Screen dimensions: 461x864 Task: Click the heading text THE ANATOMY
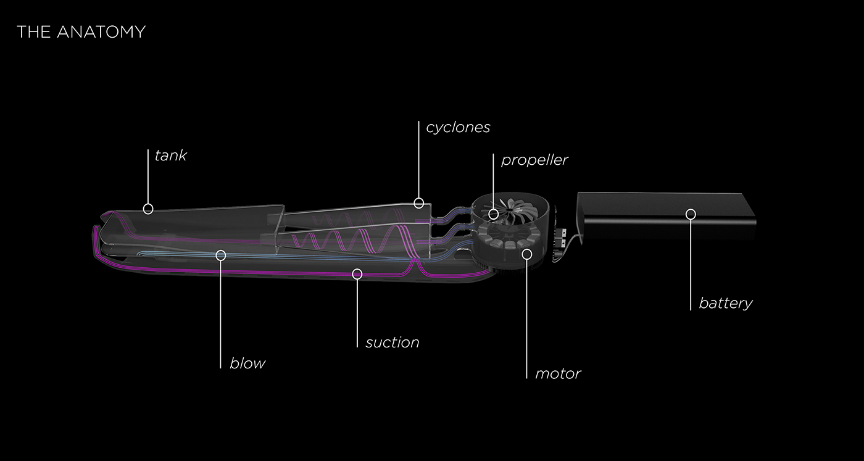point(81,31)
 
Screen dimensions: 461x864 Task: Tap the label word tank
point(170,156)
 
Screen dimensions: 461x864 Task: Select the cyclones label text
point(458,127)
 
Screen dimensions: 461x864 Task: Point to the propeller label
point(534,160)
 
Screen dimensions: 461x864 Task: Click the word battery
point(725,303)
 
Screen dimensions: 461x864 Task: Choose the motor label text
point(557,373)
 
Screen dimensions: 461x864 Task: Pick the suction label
point(392,342)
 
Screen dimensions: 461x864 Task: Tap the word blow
point(247,363)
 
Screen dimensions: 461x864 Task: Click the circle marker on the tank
point(148,209)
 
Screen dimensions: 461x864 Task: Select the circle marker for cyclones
point(419,202)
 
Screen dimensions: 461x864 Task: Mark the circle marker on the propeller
point(493,214)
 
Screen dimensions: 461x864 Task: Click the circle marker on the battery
point(691,214)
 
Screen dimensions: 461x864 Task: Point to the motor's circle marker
point(526,253)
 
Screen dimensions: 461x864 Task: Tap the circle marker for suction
point(357,274)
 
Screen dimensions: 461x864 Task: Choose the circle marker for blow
point(221,255)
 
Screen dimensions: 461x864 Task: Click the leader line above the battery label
point(691,265)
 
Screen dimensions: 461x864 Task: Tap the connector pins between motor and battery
point(561,237)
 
